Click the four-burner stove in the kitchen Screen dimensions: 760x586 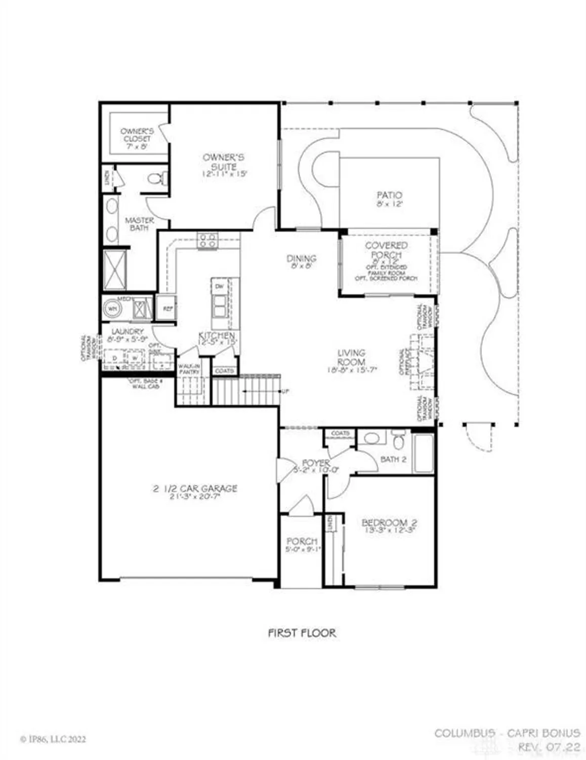(x=207, y=240)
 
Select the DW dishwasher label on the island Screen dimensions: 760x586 (x=219, y=287)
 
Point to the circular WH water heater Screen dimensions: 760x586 (x=111, y=309)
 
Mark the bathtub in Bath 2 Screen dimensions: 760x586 (x=423, y=453)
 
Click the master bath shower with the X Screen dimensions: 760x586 (x=114, y=270)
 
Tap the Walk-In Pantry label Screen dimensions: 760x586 (x=189, y=368)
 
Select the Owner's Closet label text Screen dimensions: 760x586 (x=136, y=135)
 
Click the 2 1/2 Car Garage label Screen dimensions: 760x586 (x=195, y=489)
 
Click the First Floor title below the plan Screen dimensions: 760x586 (x=302, y=632)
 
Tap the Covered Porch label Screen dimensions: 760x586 (x=386, y=250)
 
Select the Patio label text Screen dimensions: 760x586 (x=389, y=195)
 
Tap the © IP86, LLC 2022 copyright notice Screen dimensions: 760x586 (x=53, y=739)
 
